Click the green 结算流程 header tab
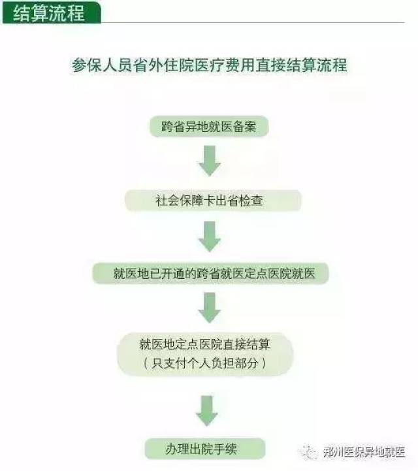pyautogui.click(x=52, y=12)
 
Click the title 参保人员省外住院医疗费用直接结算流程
pyautogui.click(x=209, y=65)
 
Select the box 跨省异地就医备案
pyautogui.click(x=209, y=127)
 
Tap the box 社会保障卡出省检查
pyautogui.click(x=213, y=201)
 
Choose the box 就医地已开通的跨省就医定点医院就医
pyautogui.click(x=210, y=273)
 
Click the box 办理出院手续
pyautogui.click(x=205, y=449)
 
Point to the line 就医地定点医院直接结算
pyautogui.click(x=205, y=344)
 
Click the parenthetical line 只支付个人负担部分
pyautogui.click(x=205, y=363)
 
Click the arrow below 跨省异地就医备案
pyautogui.click(x=210, y=161)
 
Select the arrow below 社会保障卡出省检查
pyautogui.click(x=210, y=236)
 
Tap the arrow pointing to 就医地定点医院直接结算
pyautogui.click(x=210, y=308)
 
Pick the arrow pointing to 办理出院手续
pyautogui.click(x=207, y=411)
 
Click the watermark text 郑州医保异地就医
pyautogui.click(x=364, y=451)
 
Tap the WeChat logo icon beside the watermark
pyautogui.click(x=308, y=452)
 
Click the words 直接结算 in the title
pyautogui.click(x=286, y=65)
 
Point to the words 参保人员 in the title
pyautogui.click(x=102, y=65)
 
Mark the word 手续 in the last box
pyautogui.click(x=225, y=449)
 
